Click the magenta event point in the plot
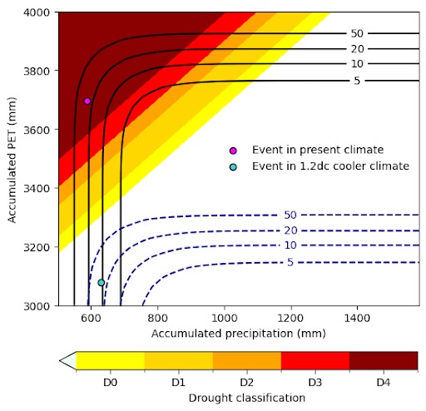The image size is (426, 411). click(87, 101)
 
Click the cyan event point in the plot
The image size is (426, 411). click(102, 282)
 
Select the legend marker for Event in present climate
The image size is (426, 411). click(233, 150)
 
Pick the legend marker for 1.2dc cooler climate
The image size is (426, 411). click(233, 166)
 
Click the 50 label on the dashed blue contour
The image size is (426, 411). click(290, 215)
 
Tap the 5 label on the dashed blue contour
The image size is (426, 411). click(290, 263)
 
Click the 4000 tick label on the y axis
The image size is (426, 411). click(39, 12)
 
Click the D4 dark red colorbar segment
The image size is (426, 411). click(383, 360)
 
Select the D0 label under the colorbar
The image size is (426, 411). click(110, 382)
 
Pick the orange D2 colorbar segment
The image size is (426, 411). click(246, 360)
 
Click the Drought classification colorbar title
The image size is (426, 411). click(246, 398)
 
